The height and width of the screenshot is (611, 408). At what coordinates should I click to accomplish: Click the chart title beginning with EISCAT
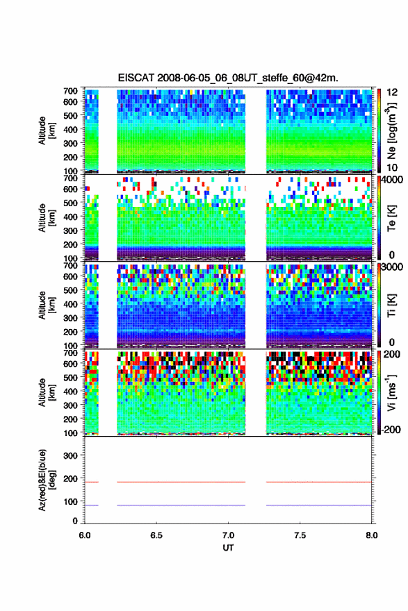(228, 78)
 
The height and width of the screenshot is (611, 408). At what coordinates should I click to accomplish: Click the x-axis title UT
(228, 548)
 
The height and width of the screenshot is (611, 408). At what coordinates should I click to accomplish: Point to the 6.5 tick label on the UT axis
(156, 535)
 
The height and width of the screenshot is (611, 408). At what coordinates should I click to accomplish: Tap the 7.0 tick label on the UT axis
(228, 535)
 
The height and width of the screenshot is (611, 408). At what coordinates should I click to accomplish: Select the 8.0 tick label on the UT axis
(371, 535)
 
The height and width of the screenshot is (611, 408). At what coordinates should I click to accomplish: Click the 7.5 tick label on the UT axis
(300, 535)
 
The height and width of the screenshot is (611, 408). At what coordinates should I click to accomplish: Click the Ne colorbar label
(391, 131)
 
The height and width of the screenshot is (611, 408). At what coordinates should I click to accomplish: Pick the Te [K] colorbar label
(391, 218)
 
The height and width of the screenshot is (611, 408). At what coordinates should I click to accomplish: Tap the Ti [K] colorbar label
(391, 305)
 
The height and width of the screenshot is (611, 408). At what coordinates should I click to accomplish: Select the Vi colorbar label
(391, 392)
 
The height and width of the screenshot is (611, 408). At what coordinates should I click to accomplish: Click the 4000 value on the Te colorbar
(391, 181)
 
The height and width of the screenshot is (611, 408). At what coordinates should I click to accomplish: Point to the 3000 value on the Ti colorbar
(391, 267)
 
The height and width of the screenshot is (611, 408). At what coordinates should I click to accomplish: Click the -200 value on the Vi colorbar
(389, 429)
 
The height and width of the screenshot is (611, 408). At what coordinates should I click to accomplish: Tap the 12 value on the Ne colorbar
(392, 92)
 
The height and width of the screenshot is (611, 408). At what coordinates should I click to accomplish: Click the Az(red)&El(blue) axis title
(47, 480)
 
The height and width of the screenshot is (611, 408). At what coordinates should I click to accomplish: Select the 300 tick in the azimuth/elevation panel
(70, 455)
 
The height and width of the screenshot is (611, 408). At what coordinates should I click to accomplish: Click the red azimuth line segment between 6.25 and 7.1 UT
(181, 482)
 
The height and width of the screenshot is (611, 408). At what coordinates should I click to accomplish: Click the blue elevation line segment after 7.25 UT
(318, 505)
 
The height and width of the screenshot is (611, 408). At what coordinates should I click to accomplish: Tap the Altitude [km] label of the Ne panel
(47, 131)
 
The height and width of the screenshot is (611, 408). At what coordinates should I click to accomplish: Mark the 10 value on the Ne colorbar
(392, 167)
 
